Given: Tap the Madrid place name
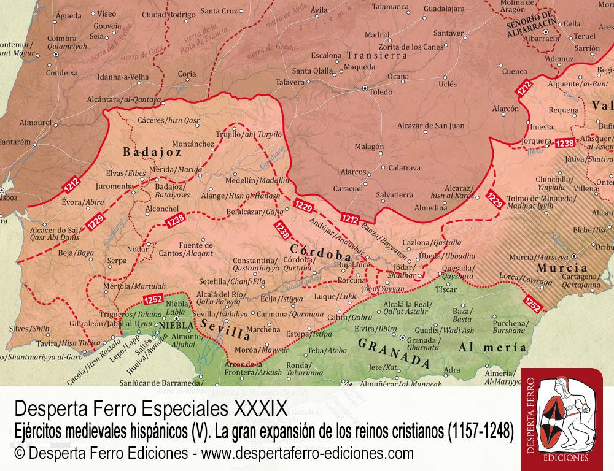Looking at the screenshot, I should pos(378,35).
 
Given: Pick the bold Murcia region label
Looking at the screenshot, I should pos(562,268).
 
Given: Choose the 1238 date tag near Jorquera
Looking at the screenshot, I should pos(565,143).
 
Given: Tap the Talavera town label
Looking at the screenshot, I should pos(289,82).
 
